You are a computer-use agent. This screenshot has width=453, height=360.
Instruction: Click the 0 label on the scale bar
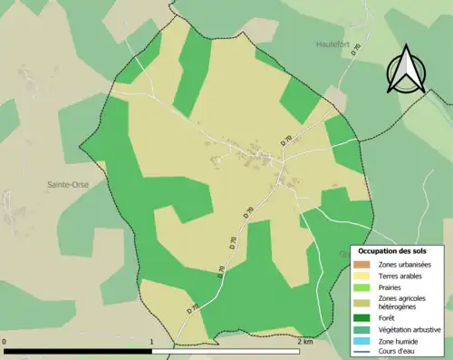[x=6, y=341]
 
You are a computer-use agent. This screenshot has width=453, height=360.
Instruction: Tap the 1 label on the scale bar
[x=150, y=341]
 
